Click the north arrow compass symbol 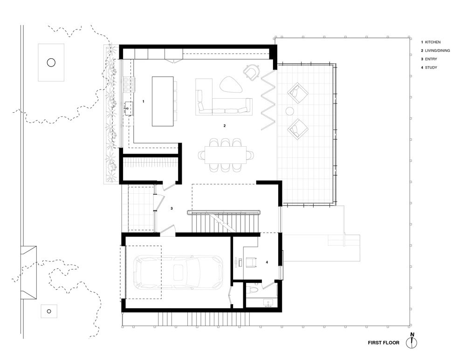(412, 343)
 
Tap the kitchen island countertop (162, 101)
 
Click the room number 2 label (225, 126)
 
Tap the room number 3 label (171, 208)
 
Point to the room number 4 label (267, 263)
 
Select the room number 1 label (144, 101)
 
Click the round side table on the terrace (289, 111)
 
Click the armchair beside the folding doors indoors (252, 72)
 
